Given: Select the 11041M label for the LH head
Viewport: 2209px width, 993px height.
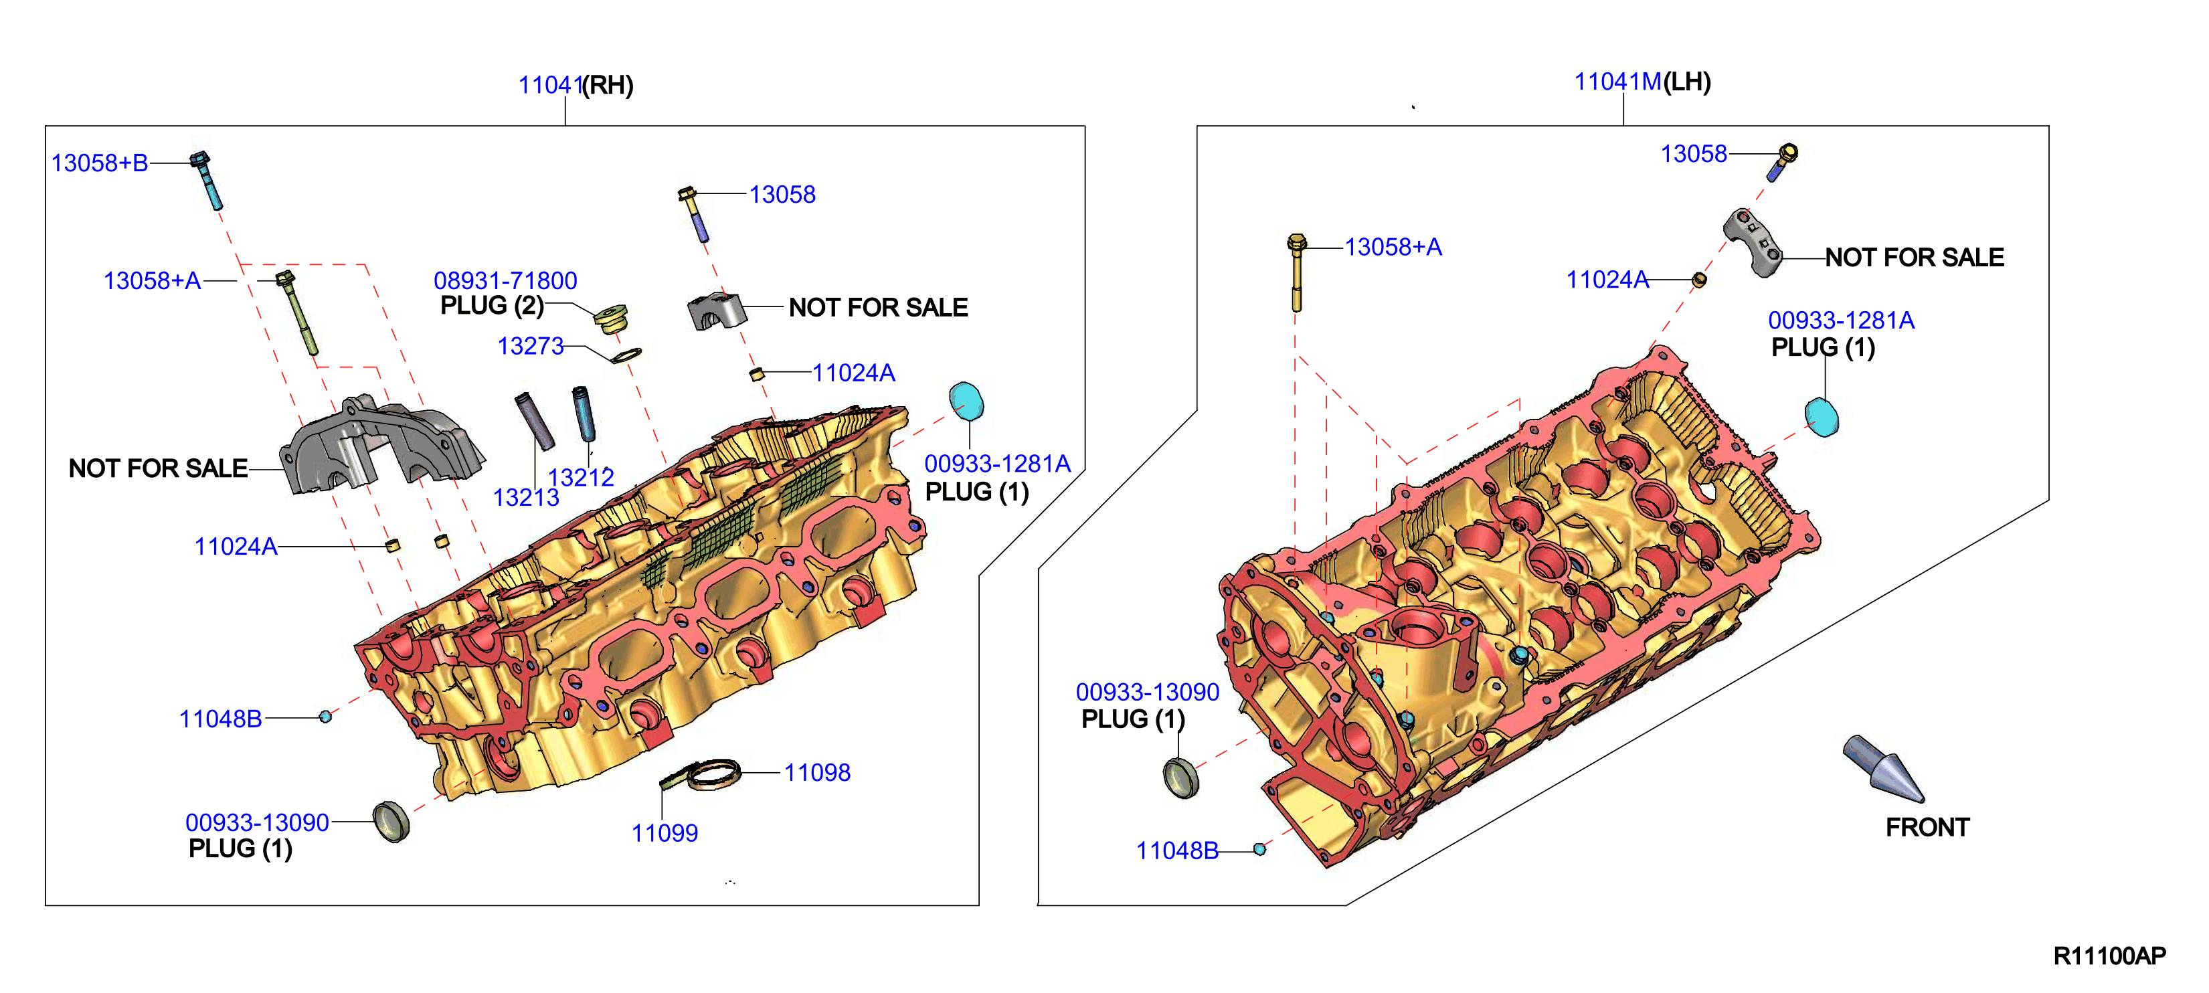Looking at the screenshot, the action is point(1617,82).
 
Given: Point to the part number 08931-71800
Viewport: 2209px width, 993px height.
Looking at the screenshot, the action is point(505,280).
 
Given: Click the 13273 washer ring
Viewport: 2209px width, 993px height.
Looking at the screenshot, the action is point(626,354).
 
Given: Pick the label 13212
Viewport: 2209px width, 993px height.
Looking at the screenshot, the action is point(582,477).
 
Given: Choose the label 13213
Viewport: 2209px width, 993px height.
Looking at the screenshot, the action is point(526,497).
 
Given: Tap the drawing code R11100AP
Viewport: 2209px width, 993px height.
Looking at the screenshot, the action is point(2109,956).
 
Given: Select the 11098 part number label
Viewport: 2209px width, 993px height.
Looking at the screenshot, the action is point(817,773).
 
